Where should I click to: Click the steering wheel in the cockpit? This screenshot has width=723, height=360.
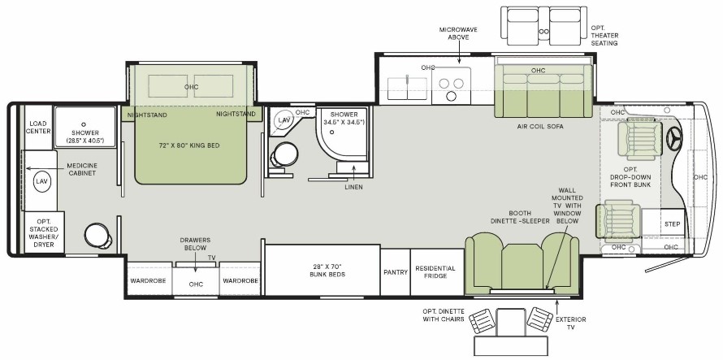[675, 138]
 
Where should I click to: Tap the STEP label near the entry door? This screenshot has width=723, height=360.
[672, 224]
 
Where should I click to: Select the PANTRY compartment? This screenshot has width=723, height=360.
[396, 272]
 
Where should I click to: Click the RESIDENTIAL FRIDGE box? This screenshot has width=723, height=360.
[437, 272]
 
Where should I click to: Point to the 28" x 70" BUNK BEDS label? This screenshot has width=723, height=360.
[327, 271]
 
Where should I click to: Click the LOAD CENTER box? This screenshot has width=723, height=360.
[38, 128]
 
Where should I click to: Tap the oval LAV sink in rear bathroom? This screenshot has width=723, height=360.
[41, 182]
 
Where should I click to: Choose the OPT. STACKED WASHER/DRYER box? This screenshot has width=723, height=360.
[44, 232]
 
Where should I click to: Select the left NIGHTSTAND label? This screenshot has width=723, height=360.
[147, 115]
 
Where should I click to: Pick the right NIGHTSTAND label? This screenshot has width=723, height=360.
[236, 114]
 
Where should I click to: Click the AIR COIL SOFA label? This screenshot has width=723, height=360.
[540, 127]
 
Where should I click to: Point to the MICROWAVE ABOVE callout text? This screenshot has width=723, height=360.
[458, 33]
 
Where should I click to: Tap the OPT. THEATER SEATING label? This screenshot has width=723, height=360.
[604, 36]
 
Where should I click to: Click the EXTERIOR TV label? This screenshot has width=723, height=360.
[571, 323]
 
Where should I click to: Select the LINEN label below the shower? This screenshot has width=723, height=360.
[353, 187]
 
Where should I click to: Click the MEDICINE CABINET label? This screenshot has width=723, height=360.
[81, 169]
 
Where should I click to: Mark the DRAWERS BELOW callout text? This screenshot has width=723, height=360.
[195, 244]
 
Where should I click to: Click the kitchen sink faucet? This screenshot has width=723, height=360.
[407, 79]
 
